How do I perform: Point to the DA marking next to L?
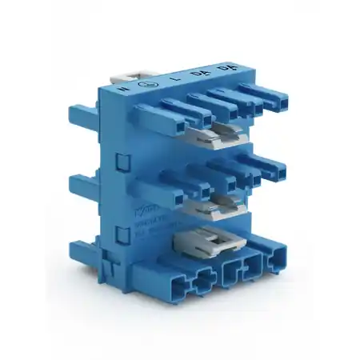(186, 72)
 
